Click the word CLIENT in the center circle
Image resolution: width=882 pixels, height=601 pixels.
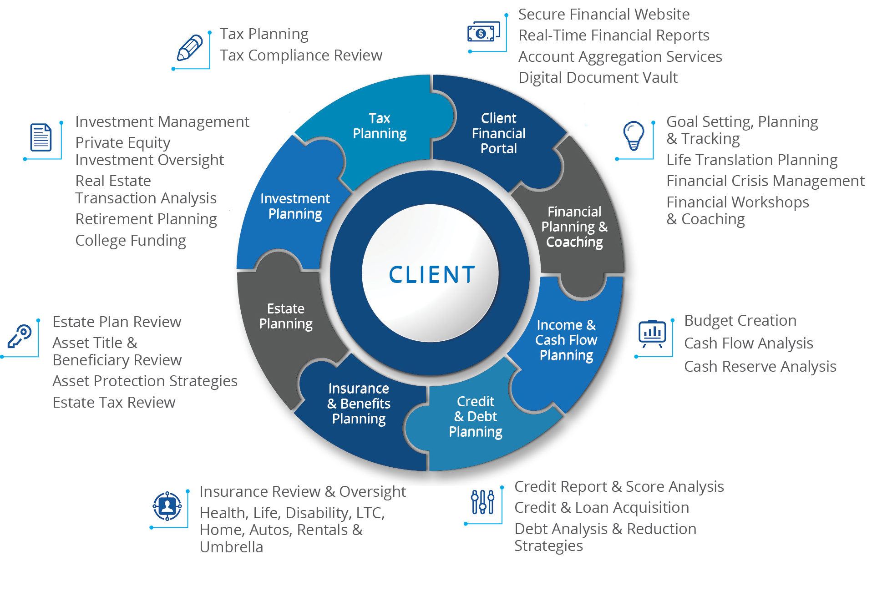point(432,275)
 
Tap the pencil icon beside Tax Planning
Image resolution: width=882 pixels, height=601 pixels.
point(190,48)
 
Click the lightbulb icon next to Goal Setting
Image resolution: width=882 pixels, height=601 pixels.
point(634,136)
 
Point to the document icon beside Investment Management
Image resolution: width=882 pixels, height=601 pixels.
point(41,137)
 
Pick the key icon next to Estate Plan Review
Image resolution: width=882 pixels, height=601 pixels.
point(20,336)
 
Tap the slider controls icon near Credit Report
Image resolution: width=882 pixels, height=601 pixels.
point(483,502)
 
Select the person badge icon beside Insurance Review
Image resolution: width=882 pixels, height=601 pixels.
point(167,506)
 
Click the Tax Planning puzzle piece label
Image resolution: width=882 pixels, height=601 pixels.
point(380,126)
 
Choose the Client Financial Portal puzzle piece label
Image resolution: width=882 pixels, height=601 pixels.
point(499,133)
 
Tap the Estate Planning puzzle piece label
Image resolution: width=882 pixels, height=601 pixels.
point(286,316)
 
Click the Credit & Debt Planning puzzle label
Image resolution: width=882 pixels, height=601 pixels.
point(476,416)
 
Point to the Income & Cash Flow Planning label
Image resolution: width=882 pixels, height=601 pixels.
point(566,340)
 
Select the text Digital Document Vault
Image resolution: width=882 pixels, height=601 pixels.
point(598,78)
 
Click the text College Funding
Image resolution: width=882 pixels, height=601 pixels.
point(131,241)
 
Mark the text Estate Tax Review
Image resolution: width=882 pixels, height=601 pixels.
point(114,402)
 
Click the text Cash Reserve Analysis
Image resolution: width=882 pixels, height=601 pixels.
point(760,367)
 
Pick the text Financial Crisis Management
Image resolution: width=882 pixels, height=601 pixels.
point(765,181)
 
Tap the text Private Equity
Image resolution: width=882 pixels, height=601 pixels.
point(123,143)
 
